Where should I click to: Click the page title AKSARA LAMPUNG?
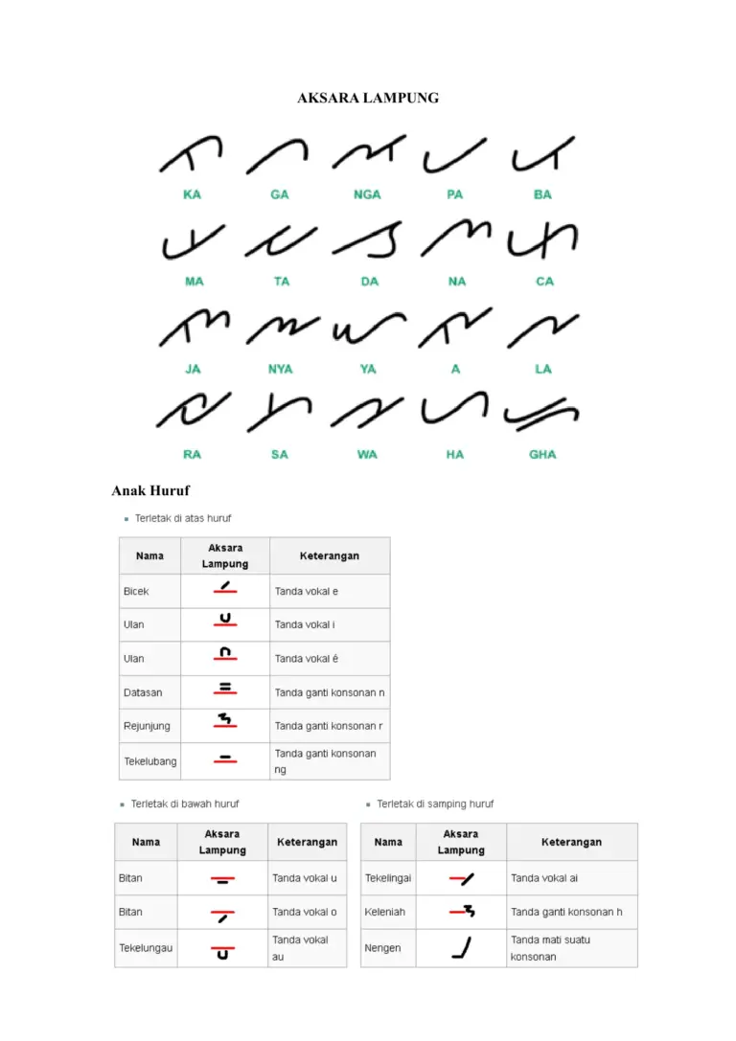pos(368,98)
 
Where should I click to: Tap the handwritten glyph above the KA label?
pos(191,154)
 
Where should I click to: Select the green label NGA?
pos(367,194)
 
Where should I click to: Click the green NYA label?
pos(280,369)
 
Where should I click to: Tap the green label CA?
pos(544,282)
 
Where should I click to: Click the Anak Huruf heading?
pos(150,491)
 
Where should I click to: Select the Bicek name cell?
pos(136,591)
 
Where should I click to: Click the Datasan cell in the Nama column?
pos(140,692)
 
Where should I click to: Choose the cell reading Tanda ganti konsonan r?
pos(329,726)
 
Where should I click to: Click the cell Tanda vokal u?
pos(305,877)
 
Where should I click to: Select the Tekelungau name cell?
pos(146,948)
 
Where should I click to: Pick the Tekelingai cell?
pos(388,877)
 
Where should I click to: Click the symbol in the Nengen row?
pos(462,947)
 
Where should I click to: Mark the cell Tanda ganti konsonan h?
pos(566,912)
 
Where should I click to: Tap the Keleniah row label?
pos(385,912)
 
